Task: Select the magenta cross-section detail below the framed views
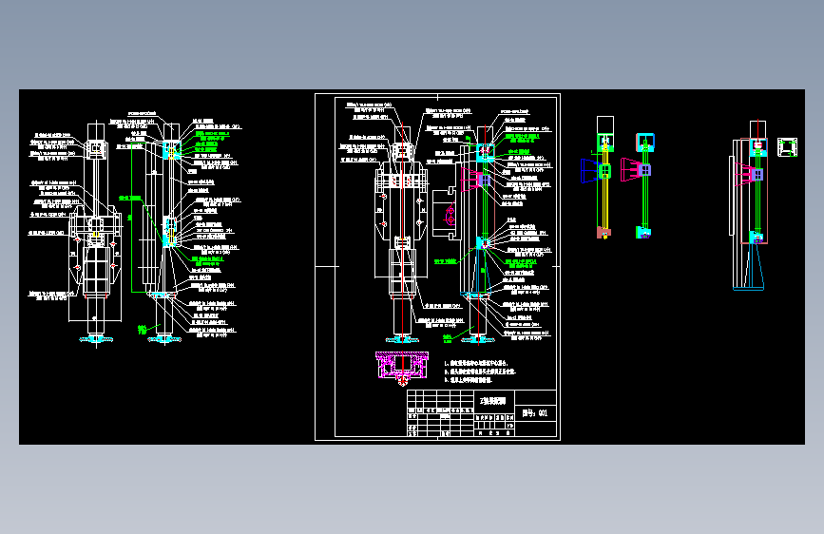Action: (x=404, y=366)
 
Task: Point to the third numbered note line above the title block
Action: (x=480, y=379)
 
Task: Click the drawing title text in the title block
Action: (x=496, y=401)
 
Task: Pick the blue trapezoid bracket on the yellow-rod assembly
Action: (x=589, y=170)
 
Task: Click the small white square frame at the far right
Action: (x=786, y=147)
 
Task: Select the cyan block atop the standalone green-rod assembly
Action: (x=644, y=142)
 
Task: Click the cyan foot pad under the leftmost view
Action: (x=97, y=340)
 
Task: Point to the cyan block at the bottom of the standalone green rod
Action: (x=645, y=231)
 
